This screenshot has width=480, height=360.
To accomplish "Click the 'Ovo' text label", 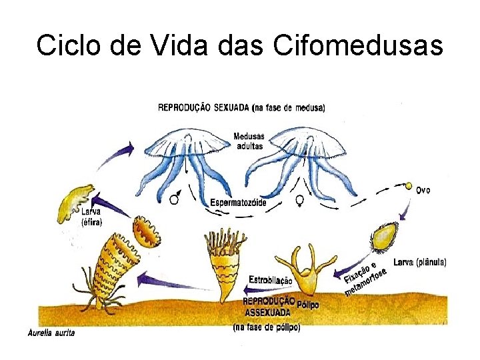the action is [423, 190].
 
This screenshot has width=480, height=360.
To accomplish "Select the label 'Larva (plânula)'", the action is [420, 263].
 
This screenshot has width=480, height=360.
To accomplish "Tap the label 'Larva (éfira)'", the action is [92, 217].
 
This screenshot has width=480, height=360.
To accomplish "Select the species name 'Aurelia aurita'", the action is [51, 333].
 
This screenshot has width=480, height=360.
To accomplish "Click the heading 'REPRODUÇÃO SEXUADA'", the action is [204, 107].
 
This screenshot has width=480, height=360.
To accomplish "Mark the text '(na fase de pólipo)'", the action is [266, 327].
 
